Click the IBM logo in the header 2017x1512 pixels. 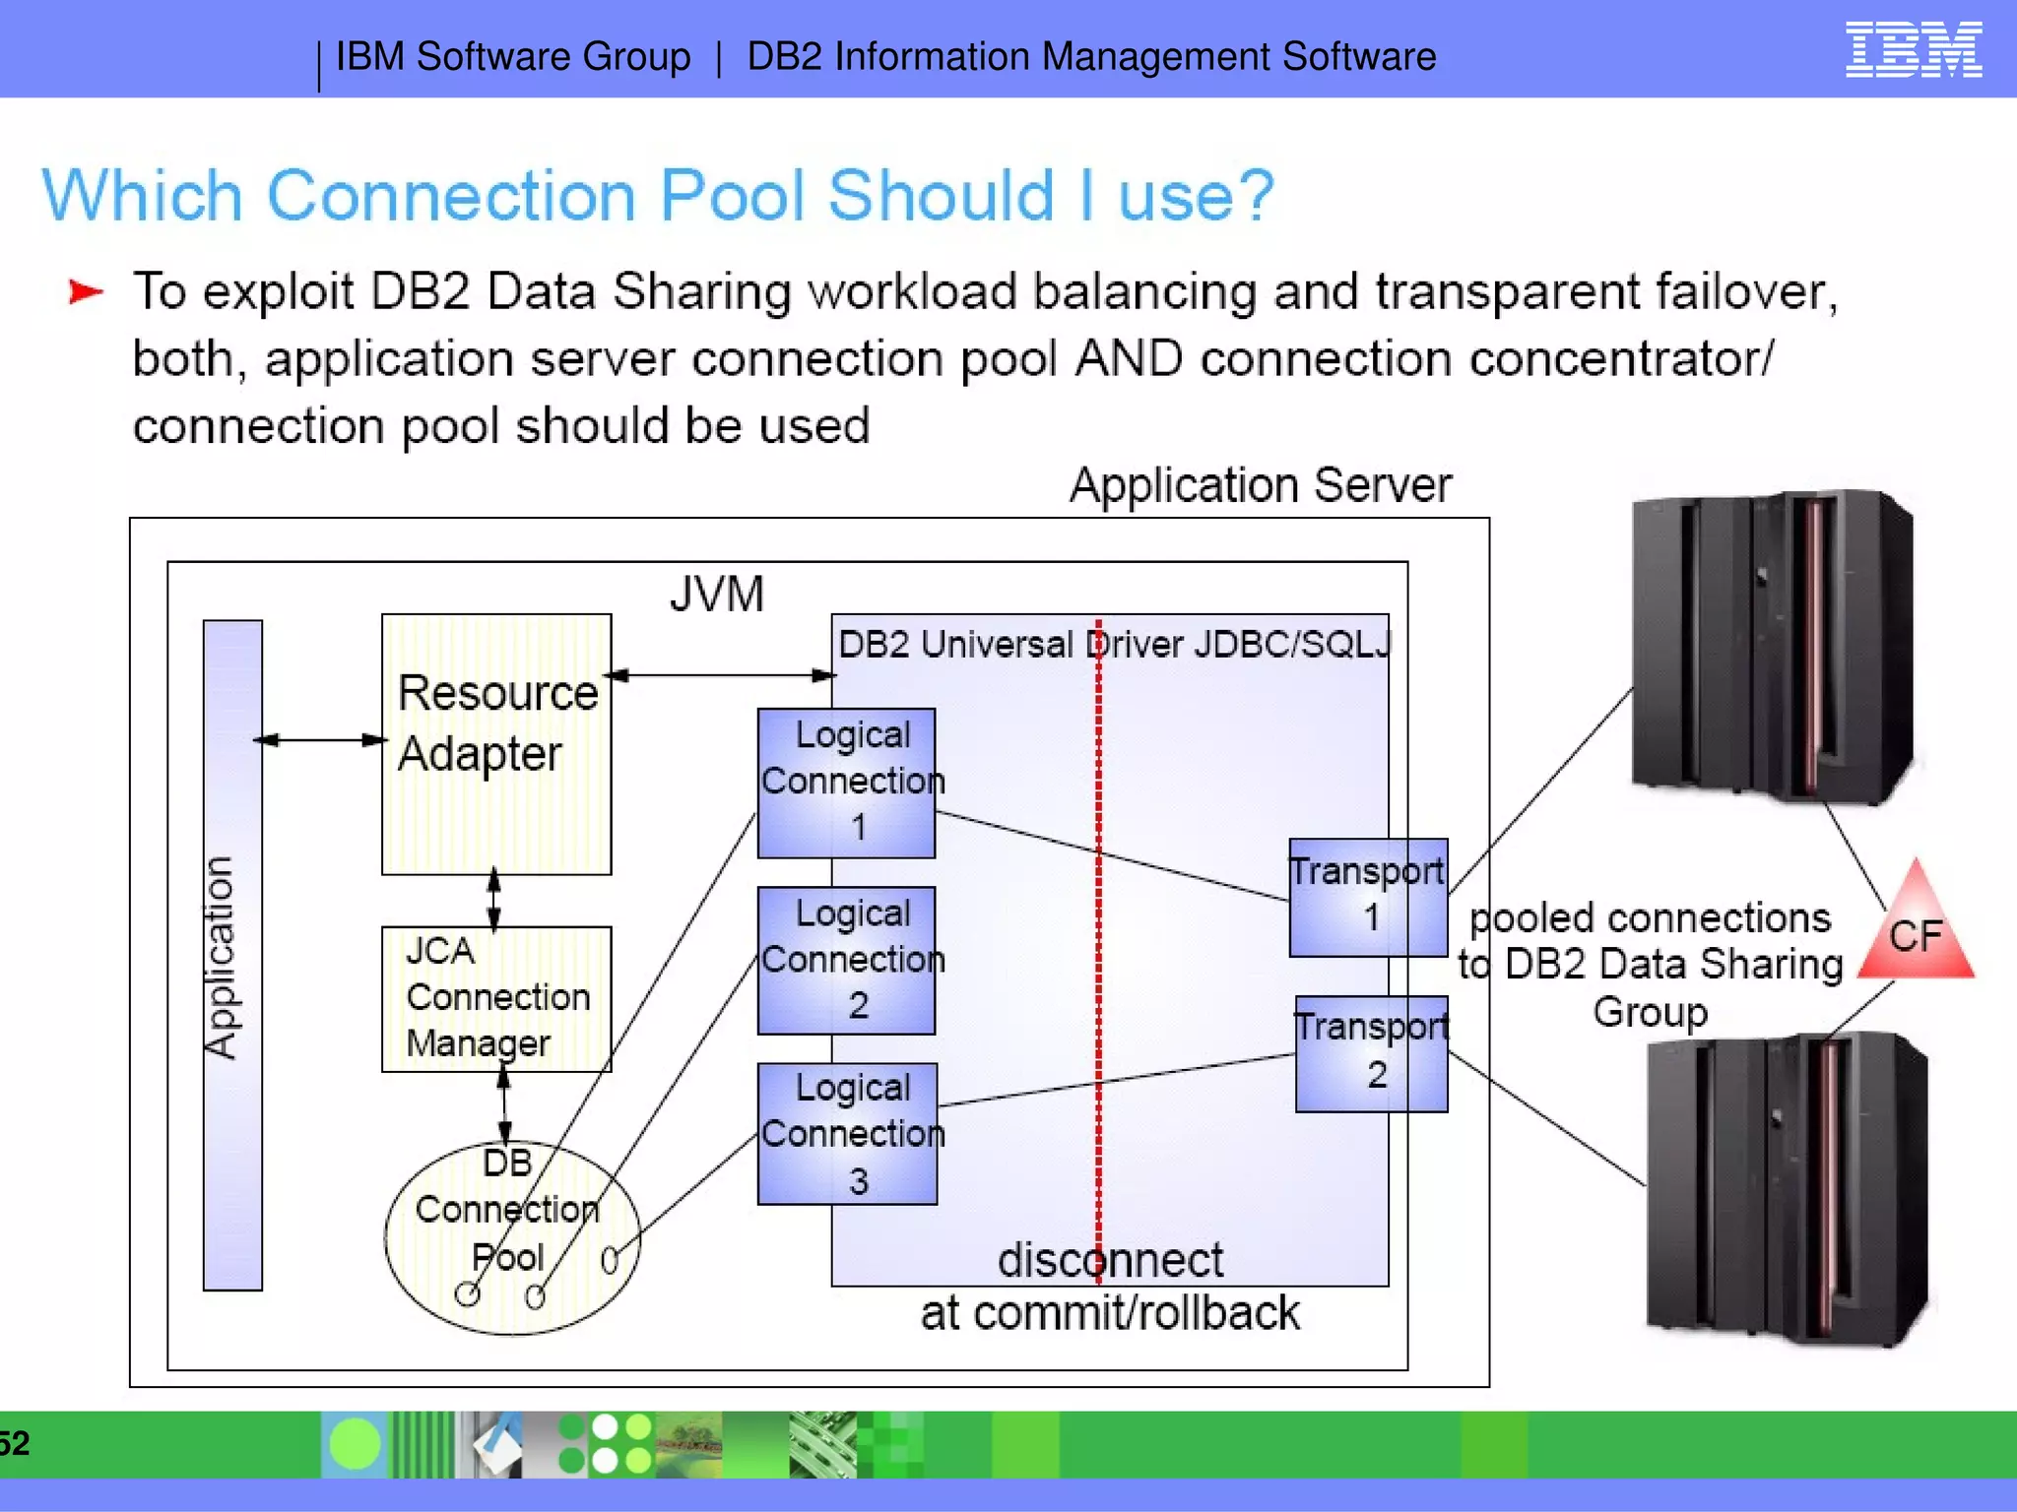[1913, 49]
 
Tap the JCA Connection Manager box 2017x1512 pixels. [496, 998]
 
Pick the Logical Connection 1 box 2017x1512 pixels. [846, 783]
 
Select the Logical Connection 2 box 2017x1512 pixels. [846, 960]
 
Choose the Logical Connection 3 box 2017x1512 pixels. [847, 1133]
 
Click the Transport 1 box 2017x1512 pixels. [1368, 897]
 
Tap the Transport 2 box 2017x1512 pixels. [1371, 1053]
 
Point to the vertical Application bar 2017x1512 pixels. [232, 955]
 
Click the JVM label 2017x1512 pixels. [716, 594]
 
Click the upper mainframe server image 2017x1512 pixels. [1773, 648]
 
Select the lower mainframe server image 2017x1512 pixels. [1786, 1189]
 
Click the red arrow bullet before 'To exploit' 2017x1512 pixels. [86, 291]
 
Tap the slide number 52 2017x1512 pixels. [15, 1443]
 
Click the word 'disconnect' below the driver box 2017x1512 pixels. [1110, 1260]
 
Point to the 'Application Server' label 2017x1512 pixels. [1261, 485]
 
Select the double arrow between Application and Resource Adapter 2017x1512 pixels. [321, 740]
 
